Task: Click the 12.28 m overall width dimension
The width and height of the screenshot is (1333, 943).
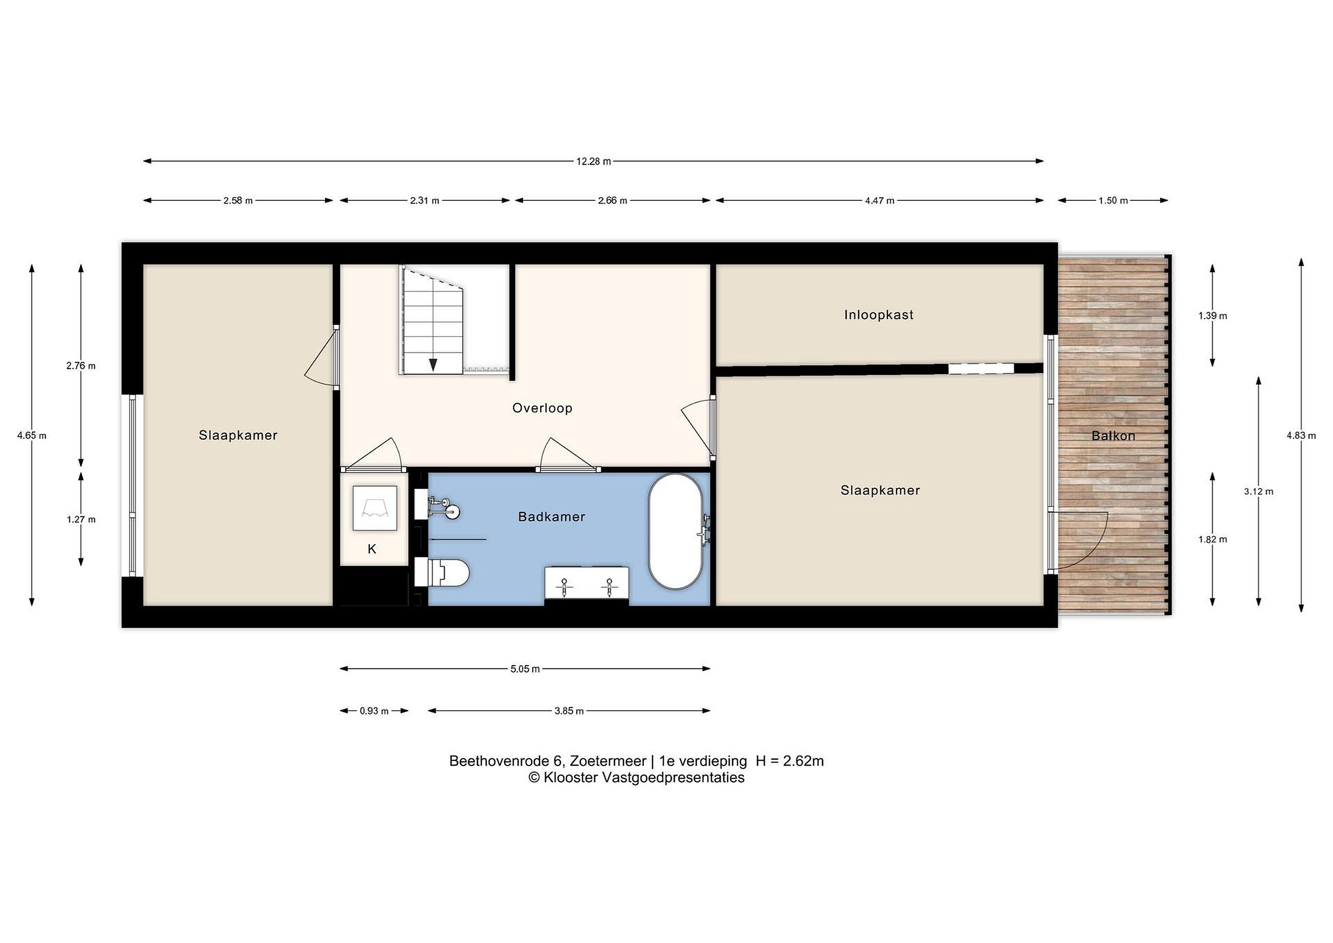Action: tap(593, 162)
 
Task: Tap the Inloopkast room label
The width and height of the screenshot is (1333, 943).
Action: tap(878, 315)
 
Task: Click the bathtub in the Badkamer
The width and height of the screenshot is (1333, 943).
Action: tap(676, 532)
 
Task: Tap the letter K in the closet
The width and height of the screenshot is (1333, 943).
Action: tap(372, 549)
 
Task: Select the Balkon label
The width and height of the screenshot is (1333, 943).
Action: tap(1113, 436)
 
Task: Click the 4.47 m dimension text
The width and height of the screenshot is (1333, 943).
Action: tap(879, 201)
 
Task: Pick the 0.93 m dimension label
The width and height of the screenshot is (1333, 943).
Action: tap(374, 711)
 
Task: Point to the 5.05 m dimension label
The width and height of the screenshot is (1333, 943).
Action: tap(525, 669)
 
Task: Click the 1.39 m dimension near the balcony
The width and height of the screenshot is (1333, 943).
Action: tap(1212, 316)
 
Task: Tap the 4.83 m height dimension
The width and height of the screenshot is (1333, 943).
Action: tap(1301, 436)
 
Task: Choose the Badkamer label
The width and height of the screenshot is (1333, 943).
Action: tap(552, 517)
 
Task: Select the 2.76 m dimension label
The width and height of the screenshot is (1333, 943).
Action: tap(81, 366)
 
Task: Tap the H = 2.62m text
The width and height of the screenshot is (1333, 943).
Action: tap(790, 761)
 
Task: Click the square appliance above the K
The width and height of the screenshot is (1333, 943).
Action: tap(375, 508)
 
